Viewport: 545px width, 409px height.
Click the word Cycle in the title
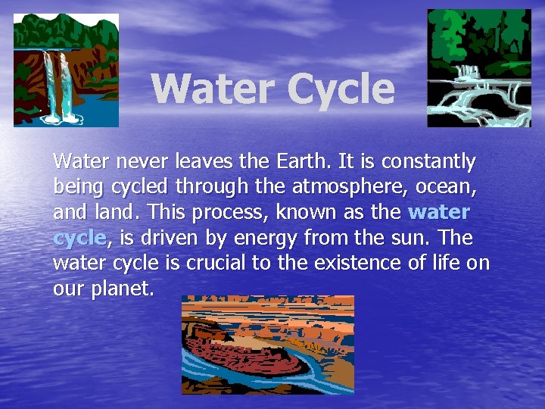point(340,89)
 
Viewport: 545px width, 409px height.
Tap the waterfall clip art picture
point(66,70)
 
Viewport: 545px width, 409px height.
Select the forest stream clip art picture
point(479,68)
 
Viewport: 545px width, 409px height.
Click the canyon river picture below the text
point(267,345)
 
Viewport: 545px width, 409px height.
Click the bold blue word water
point(439,212)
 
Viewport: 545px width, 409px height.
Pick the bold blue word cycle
point(79,239)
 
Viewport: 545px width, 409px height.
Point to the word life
point(450,264)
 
